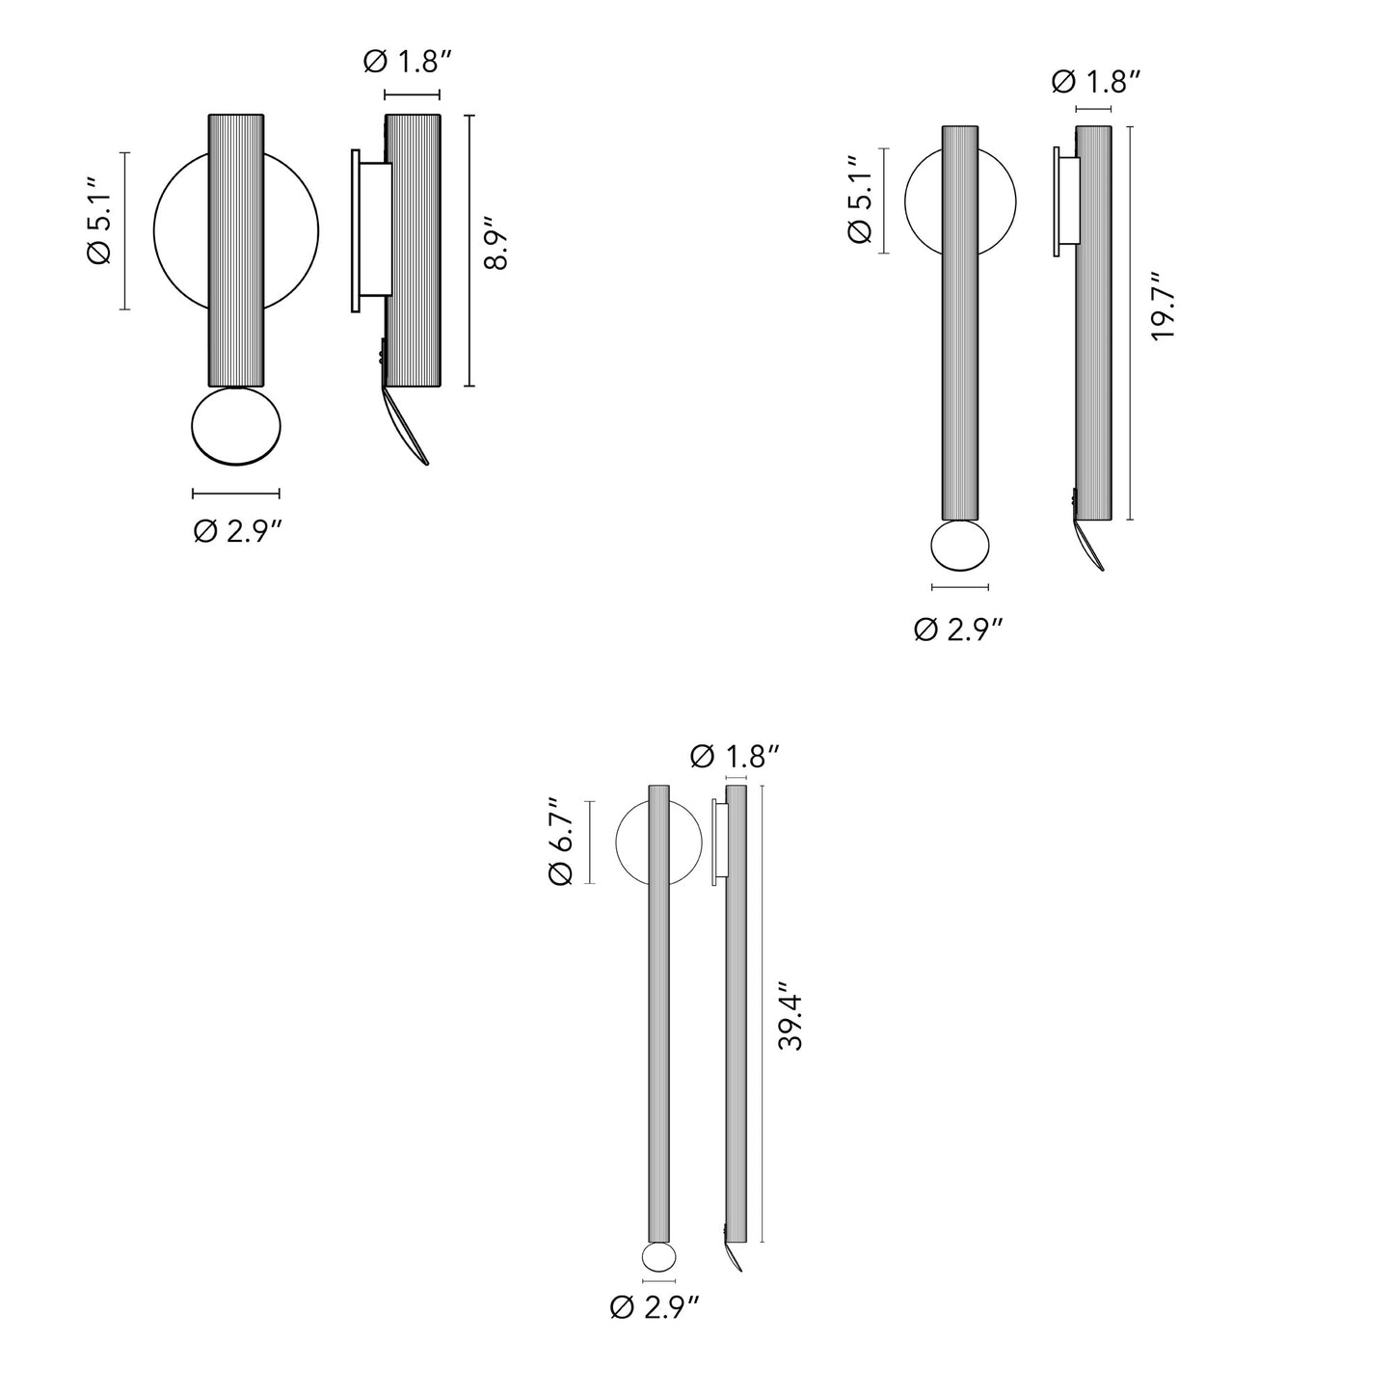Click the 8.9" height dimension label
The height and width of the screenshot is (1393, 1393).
pyautogui.click(x=496, y=250)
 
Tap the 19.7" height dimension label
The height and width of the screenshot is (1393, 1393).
pyautogui.click(x=1163, y=305)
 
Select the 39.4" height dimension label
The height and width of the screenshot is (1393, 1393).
pyautogui.click(x=790, y=1016)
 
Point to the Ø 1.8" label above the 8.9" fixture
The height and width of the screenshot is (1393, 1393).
pyautogui.click(x=408, y=63)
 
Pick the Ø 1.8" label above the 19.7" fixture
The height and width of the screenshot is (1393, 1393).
pyautogui.click(x=1096, y=81)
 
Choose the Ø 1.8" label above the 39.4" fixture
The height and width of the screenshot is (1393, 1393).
pyautogui.click(x=735, y=757)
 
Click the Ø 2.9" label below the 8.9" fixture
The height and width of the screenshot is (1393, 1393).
pyautogui.click(x=238, y=530)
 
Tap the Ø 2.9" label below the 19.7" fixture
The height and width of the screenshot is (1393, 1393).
pyautogui.click(x=958, y=629)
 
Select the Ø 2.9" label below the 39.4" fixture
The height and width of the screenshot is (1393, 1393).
pyautogui.click(x=655, y=1307)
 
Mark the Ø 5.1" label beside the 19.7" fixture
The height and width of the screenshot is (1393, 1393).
pyautogui.click(x=861, y=201)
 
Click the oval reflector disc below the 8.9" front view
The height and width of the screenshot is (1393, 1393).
pyautogui.click(x=236, y=426)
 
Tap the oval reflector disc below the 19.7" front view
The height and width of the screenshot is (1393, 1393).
pyautogui.click(x=960, y=546)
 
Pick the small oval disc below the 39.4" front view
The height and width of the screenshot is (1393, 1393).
pyautogui.click(x=658, y=1258)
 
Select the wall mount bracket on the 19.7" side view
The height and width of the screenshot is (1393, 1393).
pyautogui.click(x=1065, y=201)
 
